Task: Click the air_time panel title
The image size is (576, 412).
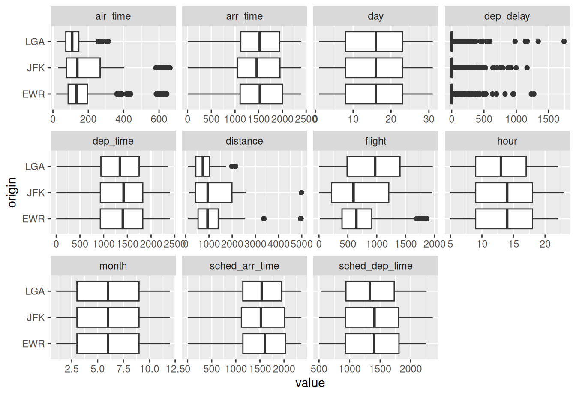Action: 113,16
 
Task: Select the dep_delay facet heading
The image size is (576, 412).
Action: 507,16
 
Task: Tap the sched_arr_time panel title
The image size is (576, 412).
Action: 244,266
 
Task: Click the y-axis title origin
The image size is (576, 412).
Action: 12,192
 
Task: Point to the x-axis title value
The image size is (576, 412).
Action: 310,383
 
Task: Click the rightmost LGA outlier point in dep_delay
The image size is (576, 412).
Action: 564,42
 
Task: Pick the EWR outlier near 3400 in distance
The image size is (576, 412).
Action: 264,219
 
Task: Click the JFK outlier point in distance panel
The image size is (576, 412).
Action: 301,193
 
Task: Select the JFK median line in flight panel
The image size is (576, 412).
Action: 354,193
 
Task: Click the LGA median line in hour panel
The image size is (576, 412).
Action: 501,167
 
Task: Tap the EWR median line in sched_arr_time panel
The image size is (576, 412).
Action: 265,344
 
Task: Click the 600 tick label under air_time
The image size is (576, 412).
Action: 159,119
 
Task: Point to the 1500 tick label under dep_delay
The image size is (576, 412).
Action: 549,119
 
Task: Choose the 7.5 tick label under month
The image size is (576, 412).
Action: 123,369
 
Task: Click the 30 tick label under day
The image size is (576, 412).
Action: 429,119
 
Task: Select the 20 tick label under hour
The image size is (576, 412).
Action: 545,244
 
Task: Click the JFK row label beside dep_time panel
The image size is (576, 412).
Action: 36,193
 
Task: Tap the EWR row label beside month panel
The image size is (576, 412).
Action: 33,344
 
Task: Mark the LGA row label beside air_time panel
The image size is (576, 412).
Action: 35,42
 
